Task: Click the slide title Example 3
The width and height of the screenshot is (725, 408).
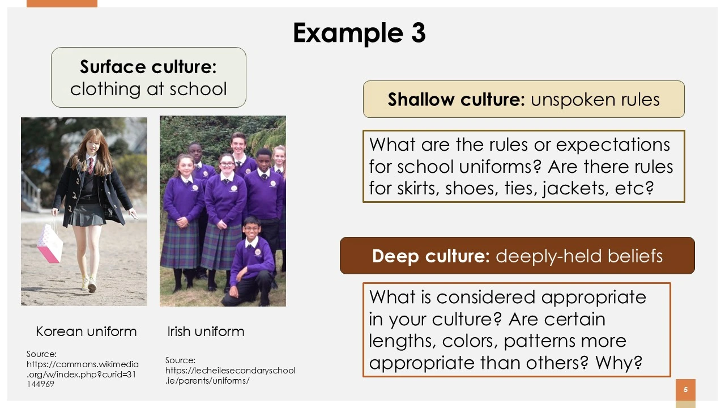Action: point(359,33)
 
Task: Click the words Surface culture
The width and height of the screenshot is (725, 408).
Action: point(148,67)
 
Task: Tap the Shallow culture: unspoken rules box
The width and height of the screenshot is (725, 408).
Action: point(524,99)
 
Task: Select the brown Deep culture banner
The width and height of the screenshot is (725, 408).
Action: point(517,256)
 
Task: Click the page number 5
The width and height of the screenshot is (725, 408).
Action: point(685,389)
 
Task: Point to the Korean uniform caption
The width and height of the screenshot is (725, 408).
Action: point(86,331)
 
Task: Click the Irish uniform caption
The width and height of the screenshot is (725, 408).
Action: point(206,331)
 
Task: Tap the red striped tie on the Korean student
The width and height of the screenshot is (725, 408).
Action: point(91,165)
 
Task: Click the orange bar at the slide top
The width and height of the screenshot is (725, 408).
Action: point(62,3)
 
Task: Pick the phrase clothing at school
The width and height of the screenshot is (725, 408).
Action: point(148,89)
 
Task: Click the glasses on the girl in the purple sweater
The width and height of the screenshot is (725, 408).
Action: point(227,164)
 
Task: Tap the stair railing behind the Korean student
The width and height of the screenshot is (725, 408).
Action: point(31,191)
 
